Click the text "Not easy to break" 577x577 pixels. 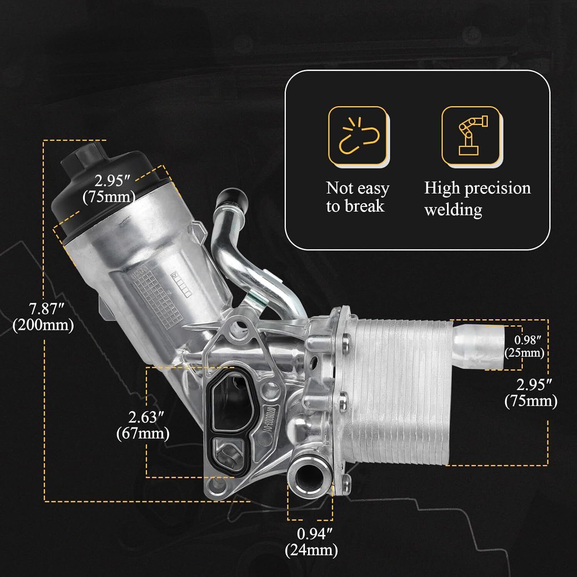point(357,197)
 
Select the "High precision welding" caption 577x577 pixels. point(477,198)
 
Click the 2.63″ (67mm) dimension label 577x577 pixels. point(143,425)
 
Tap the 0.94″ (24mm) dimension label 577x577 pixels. point(312,542)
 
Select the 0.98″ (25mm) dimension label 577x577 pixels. point(525,346)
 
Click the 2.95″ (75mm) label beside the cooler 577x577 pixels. point(531,393)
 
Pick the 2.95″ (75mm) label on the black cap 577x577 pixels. point(110,188)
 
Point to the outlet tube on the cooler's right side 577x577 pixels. point(479,345)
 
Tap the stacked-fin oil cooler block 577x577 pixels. point(400,389)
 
